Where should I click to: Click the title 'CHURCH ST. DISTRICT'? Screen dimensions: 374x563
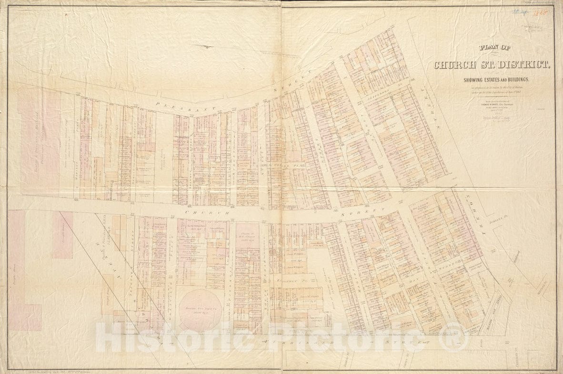pos(492,64)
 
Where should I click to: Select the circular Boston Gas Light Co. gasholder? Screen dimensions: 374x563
pos(199,308)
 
